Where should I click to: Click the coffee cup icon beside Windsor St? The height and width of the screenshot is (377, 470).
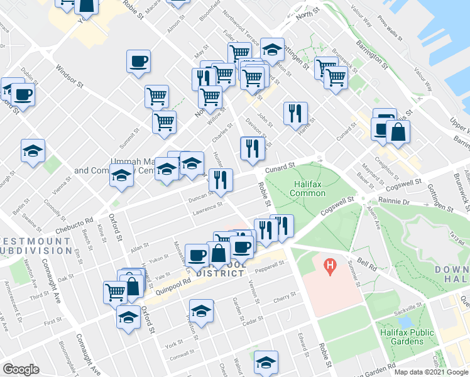(138, 62)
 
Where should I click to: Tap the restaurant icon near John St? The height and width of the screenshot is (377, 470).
(295, 113)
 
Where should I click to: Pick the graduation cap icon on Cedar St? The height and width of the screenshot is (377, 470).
(201, 312)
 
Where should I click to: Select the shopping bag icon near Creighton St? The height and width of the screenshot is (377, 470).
(398, 132)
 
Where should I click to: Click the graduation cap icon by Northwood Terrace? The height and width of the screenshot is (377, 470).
(272, 50)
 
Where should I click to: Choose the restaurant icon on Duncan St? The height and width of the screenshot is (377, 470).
(220, 180)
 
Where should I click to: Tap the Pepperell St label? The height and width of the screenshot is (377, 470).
(271, 271)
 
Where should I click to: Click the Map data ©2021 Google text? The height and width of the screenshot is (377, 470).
(432, 372)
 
